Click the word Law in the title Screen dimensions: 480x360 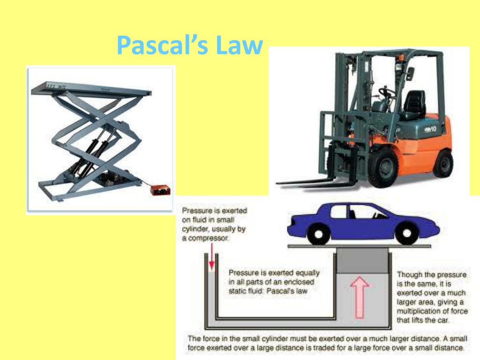click(239, 45)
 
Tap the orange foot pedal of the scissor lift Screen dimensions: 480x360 click(160, 189)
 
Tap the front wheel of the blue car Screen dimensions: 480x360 click(406, 233)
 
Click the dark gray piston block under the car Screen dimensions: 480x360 click(362, 261)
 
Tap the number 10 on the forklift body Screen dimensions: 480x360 click(433, 129)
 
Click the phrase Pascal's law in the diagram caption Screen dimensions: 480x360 click(287, 291)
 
